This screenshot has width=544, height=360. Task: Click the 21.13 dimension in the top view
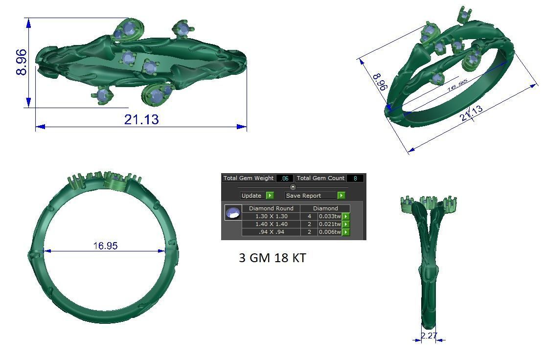(x=141, y=119)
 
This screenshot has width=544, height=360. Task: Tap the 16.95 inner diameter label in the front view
(x=105, y=246)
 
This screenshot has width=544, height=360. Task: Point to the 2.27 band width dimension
(x=429, y=336)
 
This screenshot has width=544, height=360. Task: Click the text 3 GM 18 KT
(x=272, y=258)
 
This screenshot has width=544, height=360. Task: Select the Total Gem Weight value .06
(x=285, y=179)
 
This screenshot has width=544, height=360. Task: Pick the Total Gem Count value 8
(x=355, y=179)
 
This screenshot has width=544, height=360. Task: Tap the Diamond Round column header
(x=271, y=208)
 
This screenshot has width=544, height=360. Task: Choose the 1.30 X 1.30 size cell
(x=271, y=216)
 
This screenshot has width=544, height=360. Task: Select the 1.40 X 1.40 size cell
(x=271, y=224)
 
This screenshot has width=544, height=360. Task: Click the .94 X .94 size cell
(x=271, y=232)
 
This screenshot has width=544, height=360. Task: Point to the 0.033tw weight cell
(x=329, y=216)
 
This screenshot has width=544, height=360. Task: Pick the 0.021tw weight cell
(x=329, y=224)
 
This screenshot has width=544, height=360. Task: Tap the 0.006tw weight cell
(x=329, y=232)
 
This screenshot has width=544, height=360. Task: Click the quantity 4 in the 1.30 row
(x=309, y=216)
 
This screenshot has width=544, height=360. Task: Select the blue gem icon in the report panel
(x=233, y=213)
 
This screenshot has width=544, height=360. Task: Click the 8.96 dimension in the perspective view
(x=380, y=82)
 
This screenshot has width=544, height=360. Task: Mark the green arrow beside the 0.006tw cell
(x=346, y=232)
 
